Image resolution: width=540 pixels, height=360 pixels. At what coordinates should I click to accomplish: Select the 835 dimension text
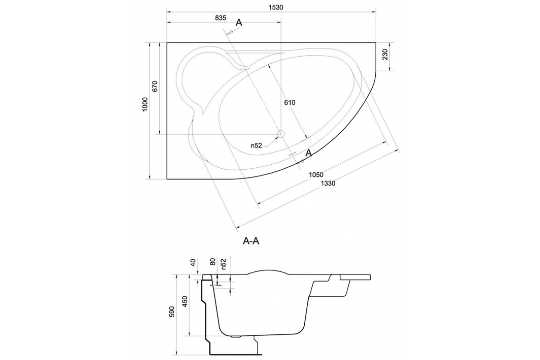pos(220,18)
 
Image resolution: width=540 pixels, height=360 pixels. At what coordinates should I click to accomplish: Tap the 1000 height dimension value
pos(144,104)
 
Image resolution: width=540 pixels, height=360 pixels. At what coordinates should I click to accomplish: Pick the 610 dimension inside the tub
pos(289,103)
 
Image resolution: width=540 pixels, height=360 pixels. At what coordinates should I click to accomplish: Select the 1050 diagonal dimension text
pos(316,175)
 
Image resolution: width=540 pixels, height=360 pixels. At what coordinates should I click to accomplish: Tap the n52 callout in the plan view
pos(256,145)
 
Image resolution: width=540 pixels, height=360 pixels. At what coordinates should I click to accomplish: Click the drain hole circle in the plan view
pos(281,134)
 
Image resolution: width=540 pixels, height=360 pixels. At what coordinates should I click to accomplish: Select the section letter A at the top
pos(239,23)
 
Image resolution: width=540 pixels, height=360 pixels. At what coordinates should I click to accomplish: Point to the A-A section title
pos(251,241)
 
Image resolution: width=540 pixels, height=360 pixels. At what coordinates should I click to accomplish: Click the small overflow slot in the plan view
pos(292,153)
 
